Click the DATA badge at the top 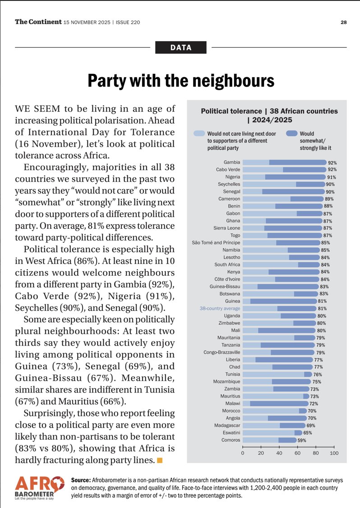(x=180, y=47)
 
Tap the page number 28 (x=343, y=22)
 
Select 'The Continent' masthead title (x=38, y=22)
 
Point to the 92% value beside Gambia (x=332, y=163)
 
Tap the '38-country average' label (x=220, y=309)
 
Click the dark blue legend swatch (x=292, y=134)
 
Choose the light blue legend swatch (x=198, y=134)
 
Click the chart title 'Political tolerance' (x=231, y=111)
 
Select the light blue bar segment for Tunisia (x=273, y=374)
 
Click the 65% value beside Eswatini (x=308, y=433)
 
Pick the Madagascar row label (x=227, y=425)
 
